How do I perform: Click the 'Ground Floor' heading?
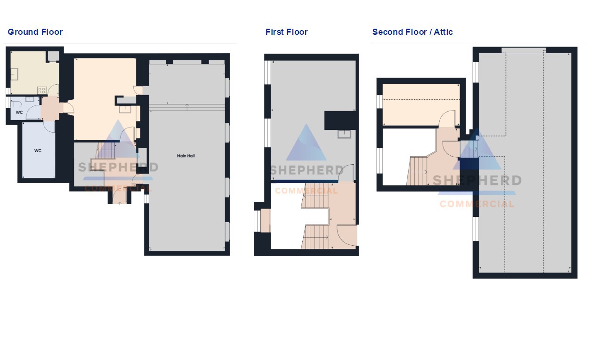35,32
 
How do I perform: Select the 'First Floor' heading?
287,32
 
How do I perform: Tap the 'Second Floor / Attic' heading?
412,32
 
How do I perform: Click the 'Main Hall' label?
186,156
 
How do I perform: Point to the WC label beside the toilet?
19,112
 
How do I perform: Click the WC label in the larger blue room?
38,151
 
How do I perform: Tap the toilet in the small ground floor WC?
16,104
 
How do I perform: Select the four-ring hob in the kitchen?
42,90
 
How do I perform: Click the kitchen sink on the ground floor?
15,74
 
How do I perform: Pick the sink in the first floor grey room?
344,134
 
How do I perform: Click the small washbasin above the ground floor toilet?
30,99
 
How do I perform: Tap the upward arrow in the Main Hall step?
187,107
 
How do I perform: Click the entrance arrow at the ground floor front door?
120,203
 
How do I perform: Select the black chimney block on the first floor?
340,120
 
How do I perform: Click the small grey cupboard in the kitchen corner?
53,56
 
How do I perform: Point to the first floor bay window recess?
266,221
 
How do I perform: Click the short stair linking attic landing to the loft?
468,149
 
